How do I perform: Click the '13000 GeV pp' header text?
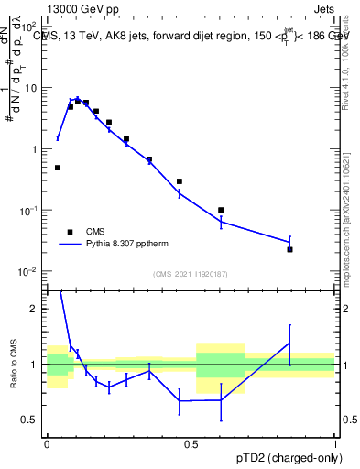pyautogui.click(x=81, y=8)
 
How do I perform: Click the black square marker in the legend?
pyautogui.click(x=69, y=232)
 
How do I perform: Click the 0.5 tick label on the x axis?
pyautogui.click(x=191, y=443)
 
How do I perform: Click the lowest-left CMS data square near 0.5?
pyautogui.click(x=58, y=168)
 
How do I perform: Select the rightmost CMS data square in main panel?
pyautogui.click(x=289, y=249)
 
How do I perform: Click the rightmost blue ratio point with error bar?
pyautogui.click(x=289, y=343)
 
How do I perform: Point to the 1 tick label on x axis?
pyautogui.click(x=335, y=443)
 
